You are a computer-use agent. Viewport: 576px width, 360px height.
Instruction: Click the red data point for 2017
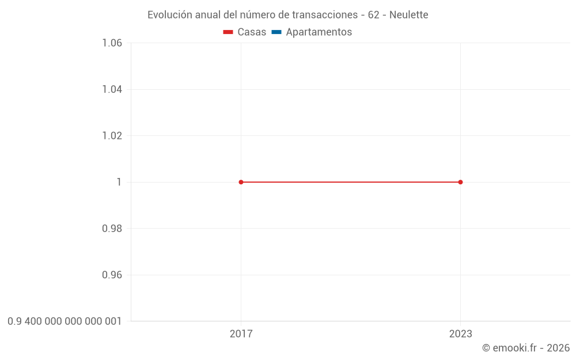coord(241,182)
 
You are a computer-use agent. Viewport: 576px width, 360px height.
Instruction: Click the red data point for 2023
coord(460,182)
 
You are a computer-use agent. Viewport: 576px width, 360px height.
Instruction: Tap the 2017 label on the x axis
coord(241,334)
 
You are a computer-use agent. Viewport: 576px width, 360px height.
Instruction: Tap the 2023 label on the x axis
coord(460,334)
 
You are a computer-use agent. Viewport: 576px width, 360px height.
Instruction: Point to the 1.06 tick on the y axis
coord(112,43)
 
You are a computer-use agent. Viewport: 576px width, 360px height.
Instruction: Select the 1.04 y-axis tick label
coord(112,89)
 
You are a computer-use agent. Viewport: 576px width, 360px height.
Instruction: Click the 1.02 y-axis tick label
coord(112,136)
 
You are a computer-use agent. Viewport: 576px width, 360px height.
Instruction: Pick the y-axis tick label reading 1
coord(119,182)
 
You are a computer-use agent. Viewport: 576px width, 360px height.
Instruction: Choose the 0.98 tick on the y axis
coord(112,229)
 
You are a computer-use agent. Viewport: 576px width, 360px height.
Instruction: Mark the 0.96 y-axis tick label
coord(112,275)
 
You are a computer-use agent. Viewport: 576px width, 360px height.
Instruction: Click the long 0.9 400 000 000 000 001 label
coord(65,321)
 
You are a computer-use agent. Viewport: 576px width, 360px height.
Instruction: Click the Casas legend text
coord(252,32)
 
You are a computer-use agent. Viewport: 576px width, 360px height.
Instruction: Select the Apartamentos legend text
coord(319,32)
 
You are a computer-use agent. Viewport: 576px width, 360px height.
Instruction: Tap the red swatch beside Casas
coord(228,32)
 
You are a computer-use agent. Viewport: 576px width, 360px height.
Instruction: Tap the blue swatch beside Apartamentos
coord(276,32)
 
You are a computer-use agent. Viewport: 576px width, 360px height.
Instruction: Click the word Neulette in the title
coord(408,15)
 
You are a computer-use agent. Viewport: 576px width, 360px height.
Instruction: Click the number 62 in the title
coord(373,15)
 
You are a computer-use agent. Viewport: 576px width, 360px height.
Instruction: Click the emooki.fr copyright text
coord(526,348)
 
